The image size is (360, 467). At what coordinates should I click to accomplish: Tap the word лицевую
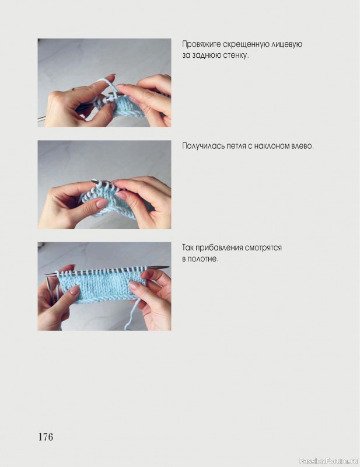[287, 45]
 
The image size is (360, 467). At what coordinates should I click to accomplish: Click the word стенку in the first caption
[236, 55]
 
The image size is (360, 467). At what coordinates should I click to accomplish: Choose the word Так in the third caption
[188, 248]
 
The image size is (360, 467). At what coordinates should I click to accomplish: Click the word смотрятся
[263, 248]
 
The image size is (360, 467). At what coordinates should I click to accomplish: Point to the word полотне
[204, 259]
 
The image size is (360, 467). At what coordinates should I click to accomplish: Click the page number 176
[46, 437]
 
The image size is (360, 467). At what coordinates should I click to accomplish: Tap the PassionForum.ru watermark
[328, 461]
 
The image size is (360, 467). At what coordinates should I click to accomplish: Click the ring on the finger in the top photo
[74, 89]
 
